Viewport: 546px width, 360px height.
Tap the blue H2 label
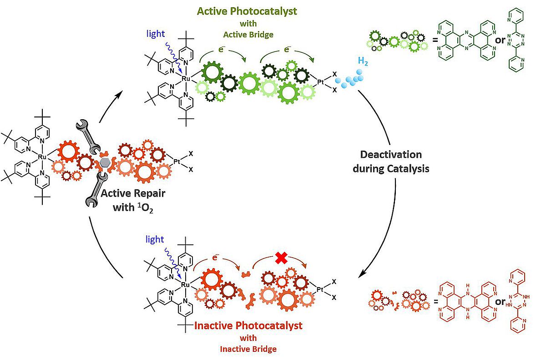pos(363,61)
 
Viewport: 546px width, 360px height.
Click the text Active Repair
pos(133,193)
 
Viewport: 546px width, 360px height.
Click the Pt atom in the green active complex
pos(321,82)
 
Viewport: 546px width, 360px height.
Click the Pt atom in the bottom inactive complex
pos(321,289)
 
